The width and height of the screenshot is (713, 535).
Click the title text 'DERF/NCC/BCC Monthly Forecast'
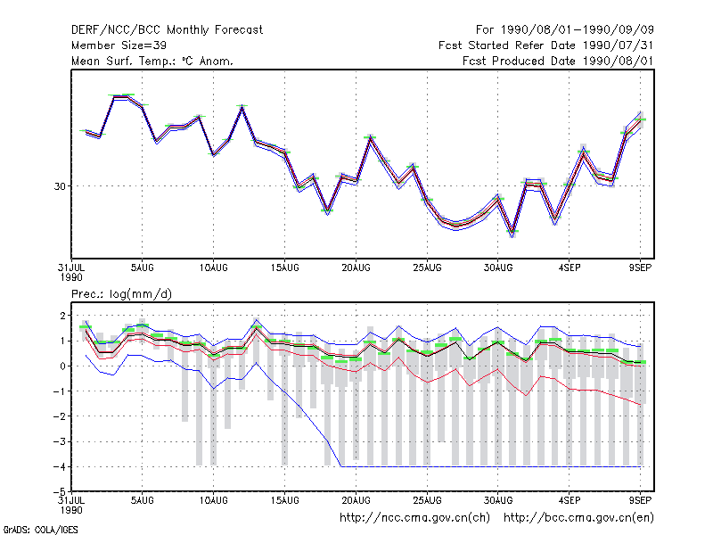167,30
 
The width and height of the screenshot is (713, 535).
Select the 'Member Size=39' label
119,45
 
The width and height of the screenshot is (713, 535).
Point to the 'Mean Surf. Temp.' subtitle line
152,61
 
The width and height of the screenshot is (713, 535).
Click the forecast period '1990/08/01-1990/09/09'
577,30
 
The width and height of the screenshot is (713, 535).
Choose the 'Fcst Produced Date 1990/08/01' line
558,61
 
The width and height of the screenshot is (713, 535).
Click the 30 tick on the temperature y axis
60,186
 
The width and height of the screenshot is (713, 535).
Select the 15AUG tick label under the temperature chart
284,268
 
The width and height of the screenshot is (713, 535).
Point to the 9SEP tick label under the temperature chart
640,268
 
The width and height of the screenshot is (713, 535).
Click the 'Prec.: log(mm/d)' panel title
121,294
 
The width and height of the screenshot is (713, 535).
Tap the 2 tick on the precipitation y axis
62,316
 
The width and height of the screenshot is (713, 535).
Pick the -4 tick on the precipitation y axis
60,466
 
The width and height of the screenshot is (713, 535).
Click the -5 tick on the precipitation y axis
60,492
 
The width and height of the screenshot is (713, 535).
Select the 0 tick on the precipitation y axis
62,366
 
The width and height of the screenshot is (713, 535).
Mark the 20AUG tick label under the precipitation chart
356,500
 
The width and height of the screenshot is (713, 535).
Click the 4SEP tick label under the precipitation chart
570,500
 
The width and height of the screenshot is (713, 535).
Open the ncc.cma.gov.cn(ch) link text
414,518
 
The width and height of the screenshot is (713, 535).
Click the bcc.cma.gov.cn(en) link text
578,518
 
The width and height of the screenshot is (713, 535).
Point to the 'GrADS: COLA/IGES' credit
40,530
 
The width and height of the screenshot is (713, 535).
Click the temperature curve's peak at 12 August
242,107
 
